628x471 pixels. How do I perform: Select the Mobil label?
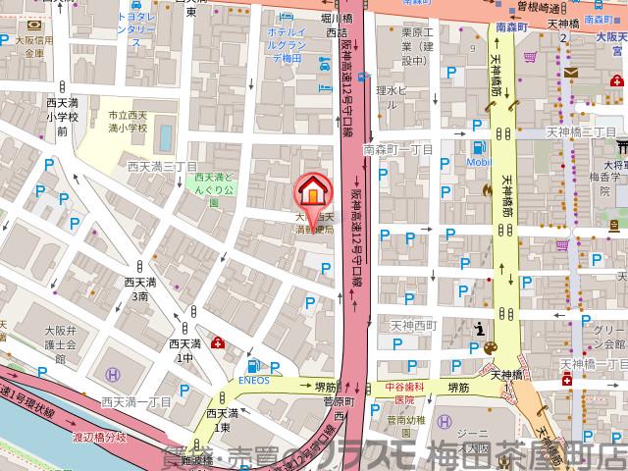coord(478,161)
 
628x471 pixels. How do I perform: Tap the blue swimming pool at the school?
coord(164,134)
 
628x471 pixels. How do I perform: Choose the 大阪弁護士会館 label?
coord(59,346)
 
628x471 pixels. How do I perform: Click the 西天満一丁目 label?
coord(136,402)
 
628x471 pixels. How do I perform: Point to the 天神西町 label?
coord(412,324)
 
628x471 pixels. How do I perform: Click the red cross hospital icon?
coord(217,343)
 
